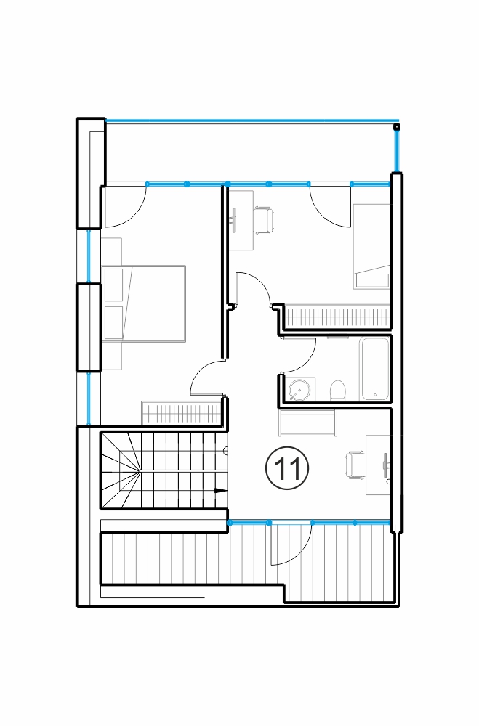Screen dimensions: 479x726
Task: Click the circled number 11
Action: (287, 468)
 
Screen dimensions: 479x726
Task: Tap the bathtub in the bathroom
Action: (375, 369)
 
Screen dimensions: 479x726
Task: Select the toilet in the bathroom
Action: (338, 391)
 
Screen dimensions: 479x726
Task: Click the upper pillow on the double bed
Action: (113, 285)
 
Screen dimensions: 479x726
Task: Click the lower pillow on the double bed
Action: (113, 322)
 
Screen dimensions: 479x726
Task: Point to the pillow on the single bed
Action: (372, 280)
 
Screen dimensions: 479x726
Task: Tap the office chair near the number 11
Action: (355, 465)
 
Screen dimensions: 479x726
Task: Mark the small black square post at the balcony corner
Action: (396, 126)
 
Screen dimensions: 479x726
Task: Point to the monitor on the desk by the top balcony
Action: (234, 221)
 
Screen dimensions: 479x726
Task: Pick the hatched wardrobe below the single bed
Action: (338, 317)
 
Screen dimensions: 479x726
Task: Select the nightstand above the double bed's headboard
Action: (112, 251)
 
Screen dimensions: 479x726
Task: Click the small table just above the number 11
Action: (307, 423)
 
